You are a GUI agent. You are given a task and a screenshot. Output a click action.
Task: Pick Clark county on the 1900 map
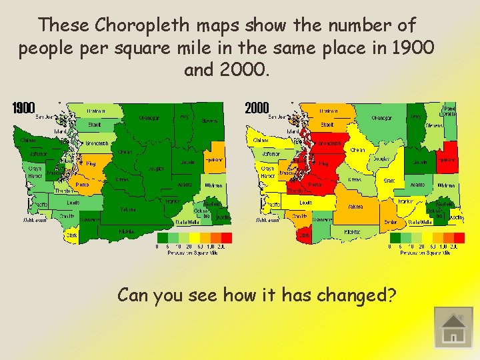71,234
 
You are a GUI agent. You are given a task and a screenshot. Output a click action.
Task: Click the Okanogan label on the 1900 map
149,118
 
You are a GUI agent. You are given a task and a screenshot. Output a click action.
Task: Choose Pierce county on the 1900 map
83,183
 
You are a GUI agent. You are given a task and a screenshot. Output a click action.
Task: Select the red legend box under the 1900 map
227,237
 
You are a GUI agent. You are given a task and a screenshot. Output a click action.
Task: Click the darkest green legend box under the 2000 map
395,237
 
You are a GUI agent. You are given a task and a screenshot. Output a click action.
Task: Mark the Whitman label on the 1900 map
213,185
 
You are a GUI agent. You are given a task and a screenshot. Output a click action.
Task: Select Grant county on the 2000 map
391,180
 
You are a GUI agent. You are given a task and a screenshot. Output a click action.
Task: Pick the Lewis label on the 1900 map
73,202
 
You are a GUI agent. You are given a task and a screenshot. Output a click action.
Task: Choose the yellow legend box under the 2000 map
427,237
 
